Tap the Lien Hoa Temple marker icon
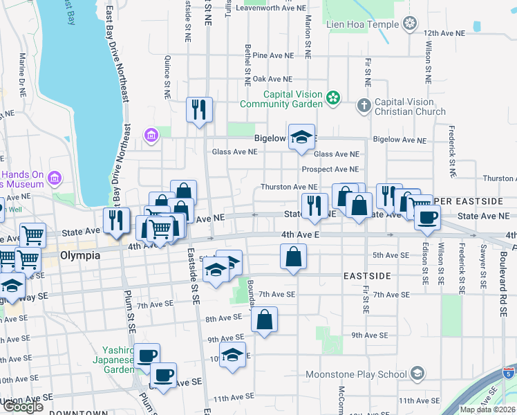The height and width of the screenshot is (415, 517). click(410, 24)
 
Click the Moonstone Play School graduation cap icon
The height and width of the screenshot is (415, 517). click(416, 374)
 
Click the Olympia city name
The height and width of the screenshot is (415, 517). click(80, 255)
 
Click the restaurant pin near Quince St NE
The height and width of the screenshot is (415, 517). click(199, 110)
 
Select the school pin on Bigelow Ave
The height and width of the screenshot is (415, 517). click(301, 138)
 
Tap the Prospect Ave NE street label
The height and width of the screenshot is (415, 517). click(330, 169)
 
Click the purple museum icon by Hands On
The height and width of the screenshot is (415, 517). click(55, 180)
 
